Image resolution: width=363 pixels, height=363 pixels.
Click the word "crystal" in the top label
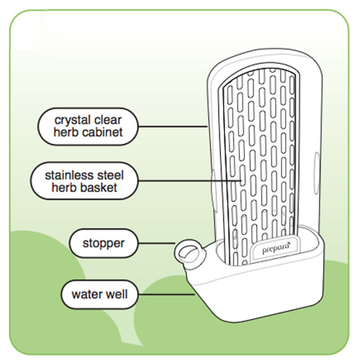pyautogui.click(x=71, y=120)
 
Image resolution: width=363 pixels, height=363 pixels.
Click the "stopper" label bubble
pyautogui.click(x=103, y=243)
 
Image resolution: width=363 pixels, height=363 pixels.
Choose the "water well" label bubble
pyautogui.click(x=100, y=294)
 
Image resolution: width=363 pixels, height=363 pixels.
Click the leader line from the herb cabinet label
pyautogui.click(x=172, y=127)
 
